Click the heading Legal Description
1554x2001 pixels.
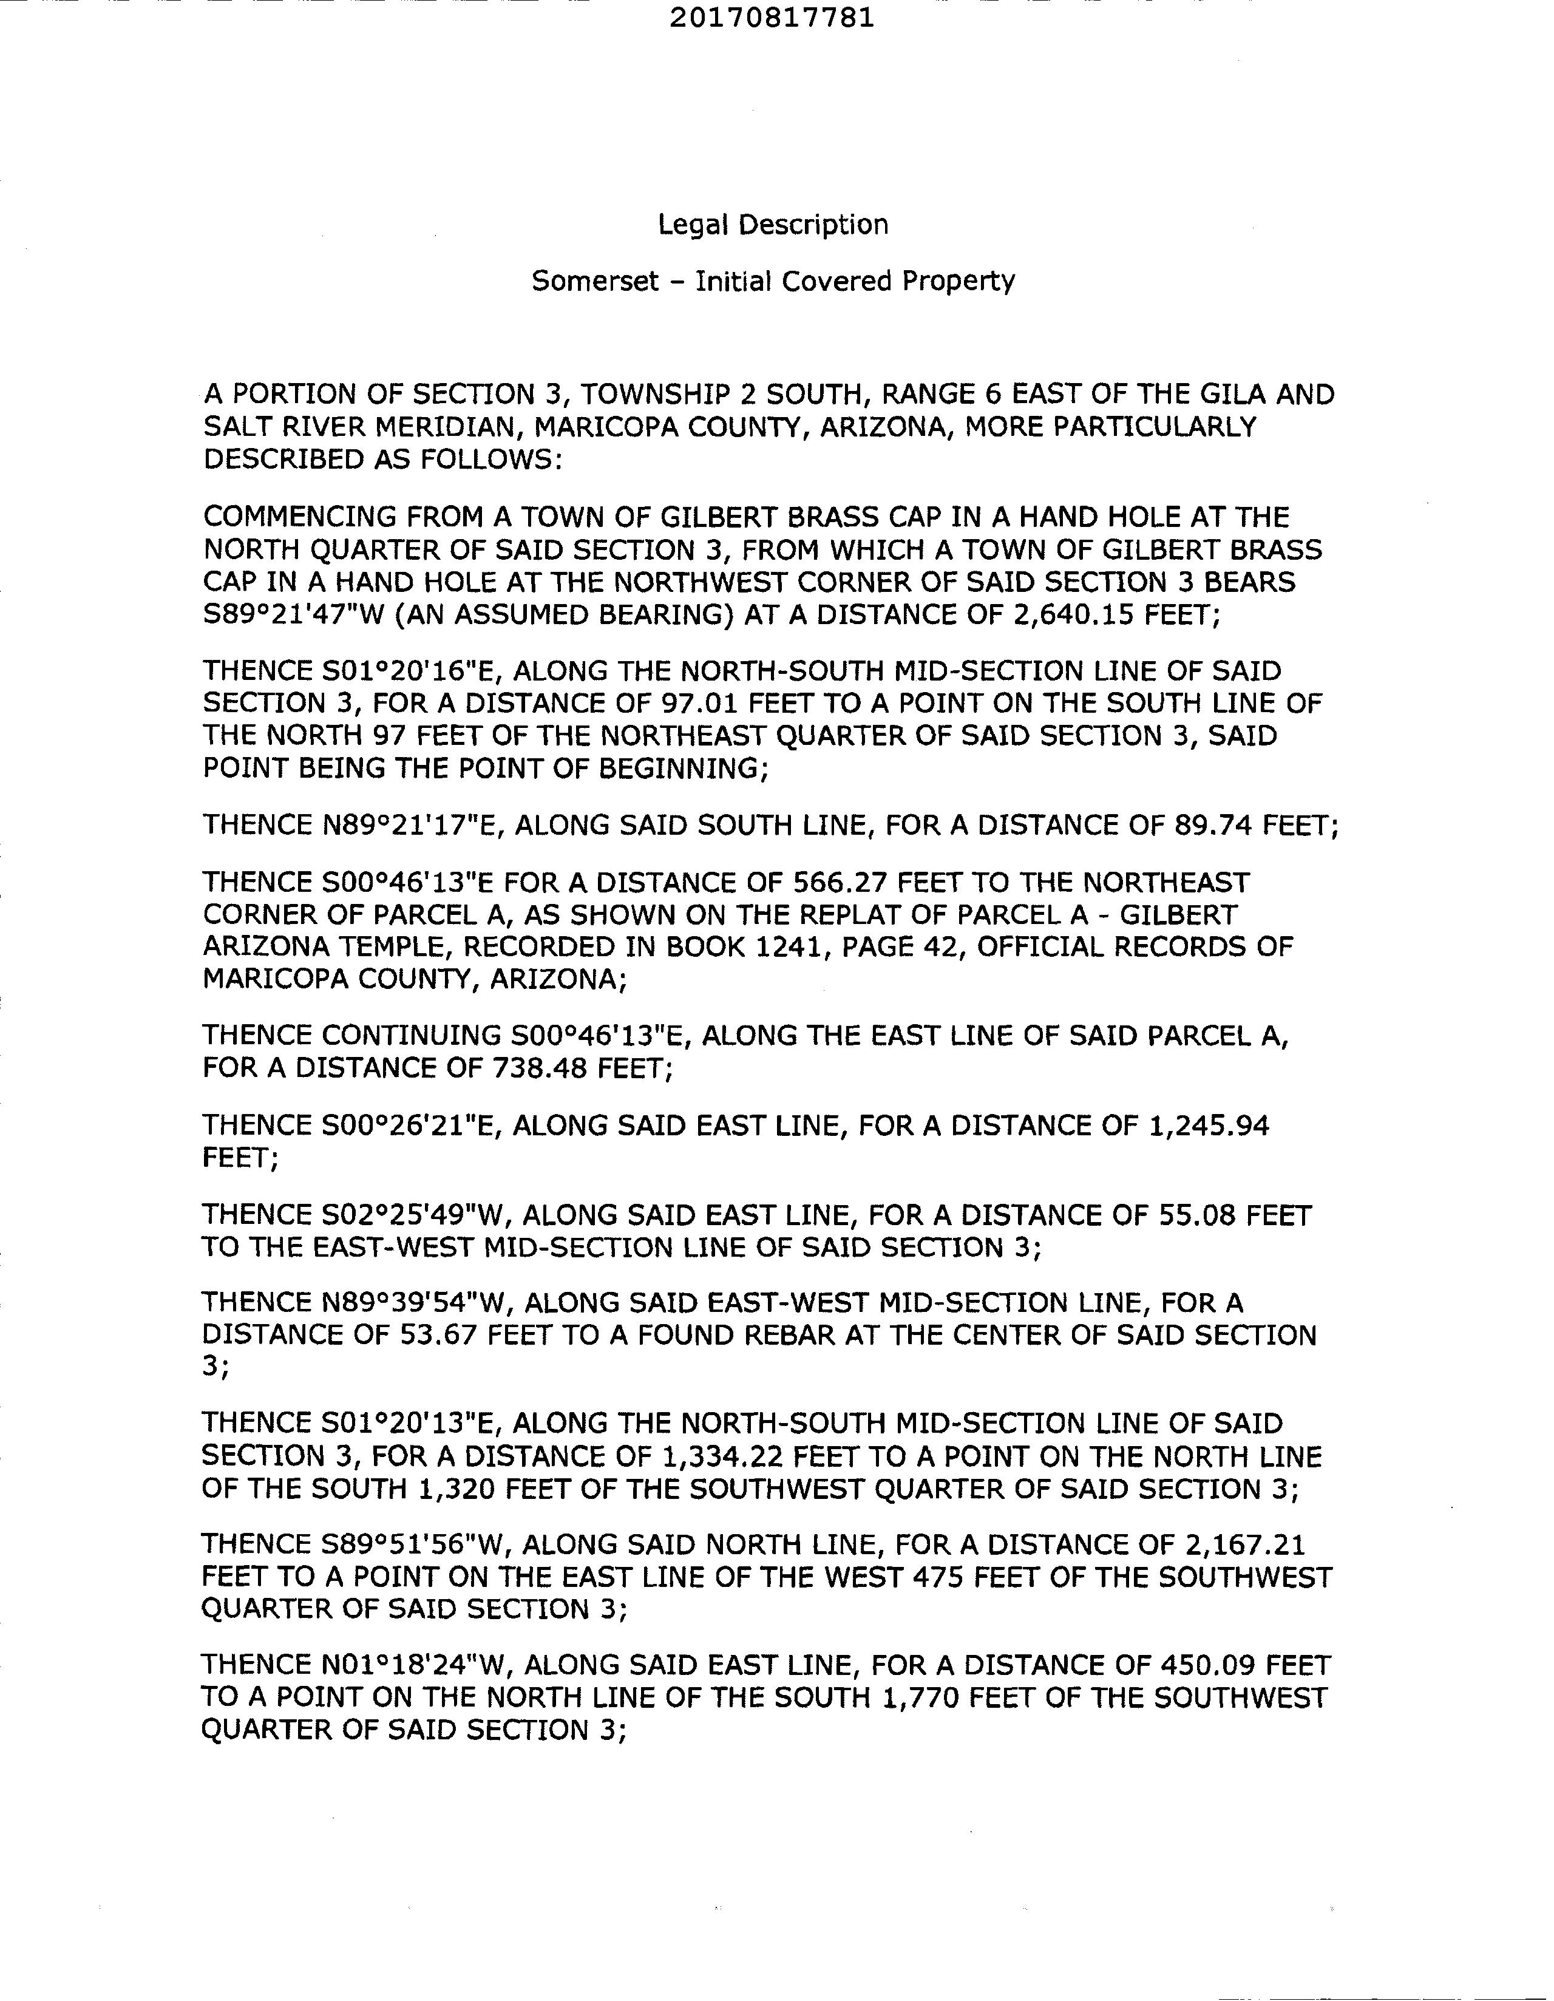pyautogui.click(x=772, y=225)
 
